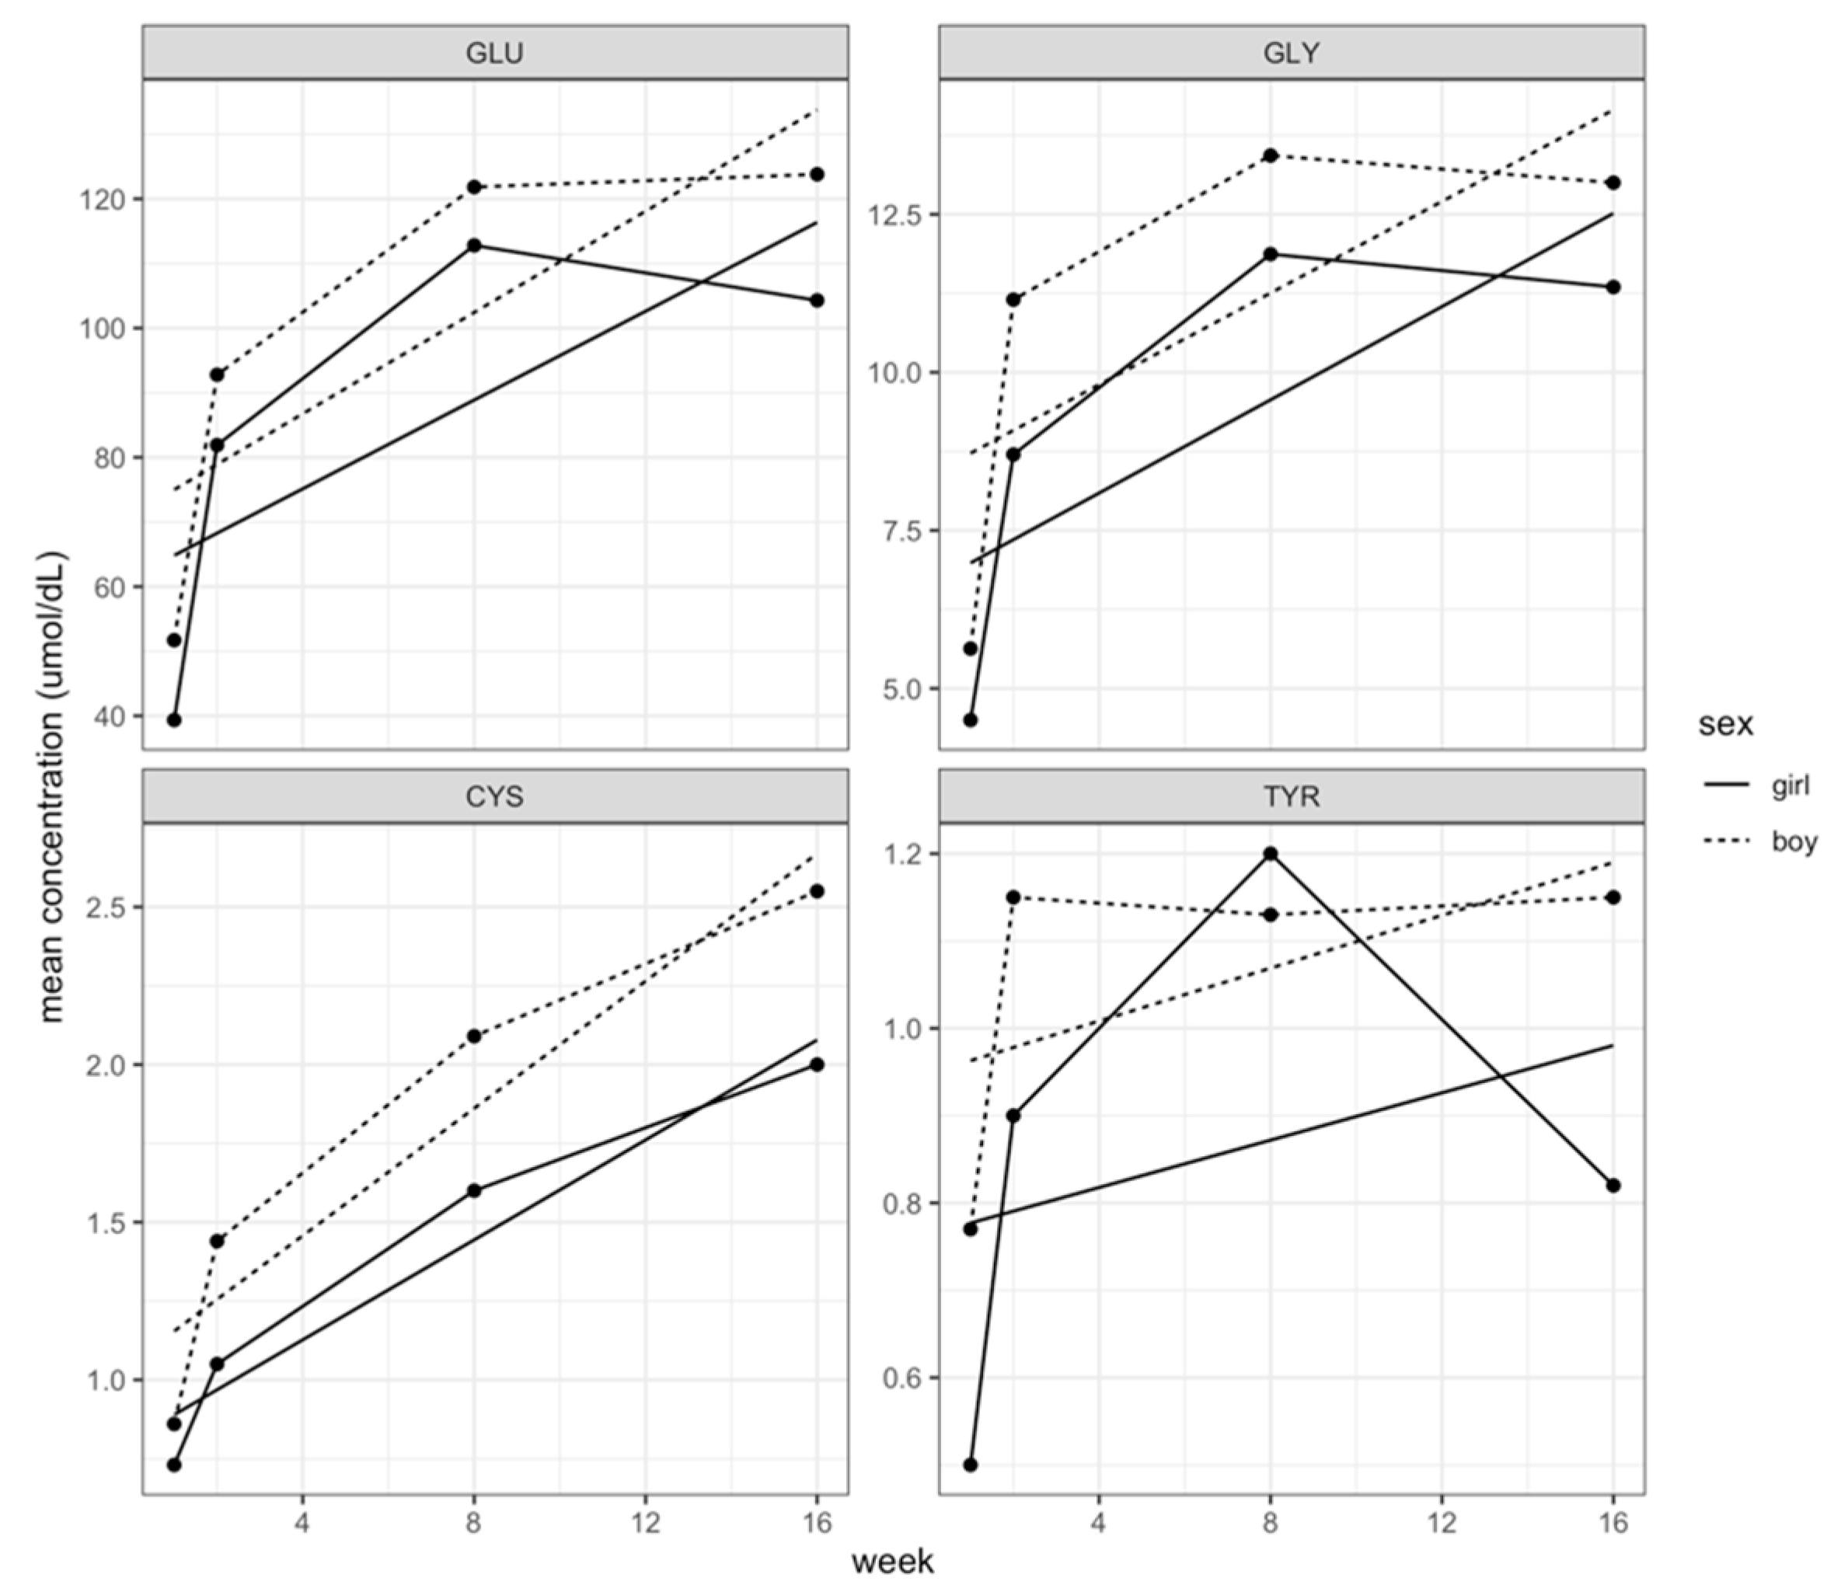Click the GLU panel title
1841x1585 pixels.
(494, 54)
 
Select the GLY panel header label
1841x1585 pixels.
(1291, 54)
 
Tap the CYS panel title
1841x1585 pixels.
(494, 796)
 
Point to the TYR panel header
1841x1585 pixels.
(1291, 796)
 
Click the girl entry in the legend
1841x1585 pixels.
(1790, 785)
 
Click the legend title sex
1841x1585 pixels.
(1725, 724)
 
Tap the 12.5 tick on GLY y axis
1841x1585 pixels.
(899, 215)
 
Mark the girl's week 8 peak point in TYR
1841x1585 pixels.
(1271, 854)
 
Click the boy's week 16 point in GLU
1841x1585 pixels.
(817, 174)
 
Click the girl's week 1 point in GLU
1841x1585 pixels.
(174, 719)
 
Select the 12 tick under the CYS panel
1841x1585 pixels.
(646, 1523)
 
